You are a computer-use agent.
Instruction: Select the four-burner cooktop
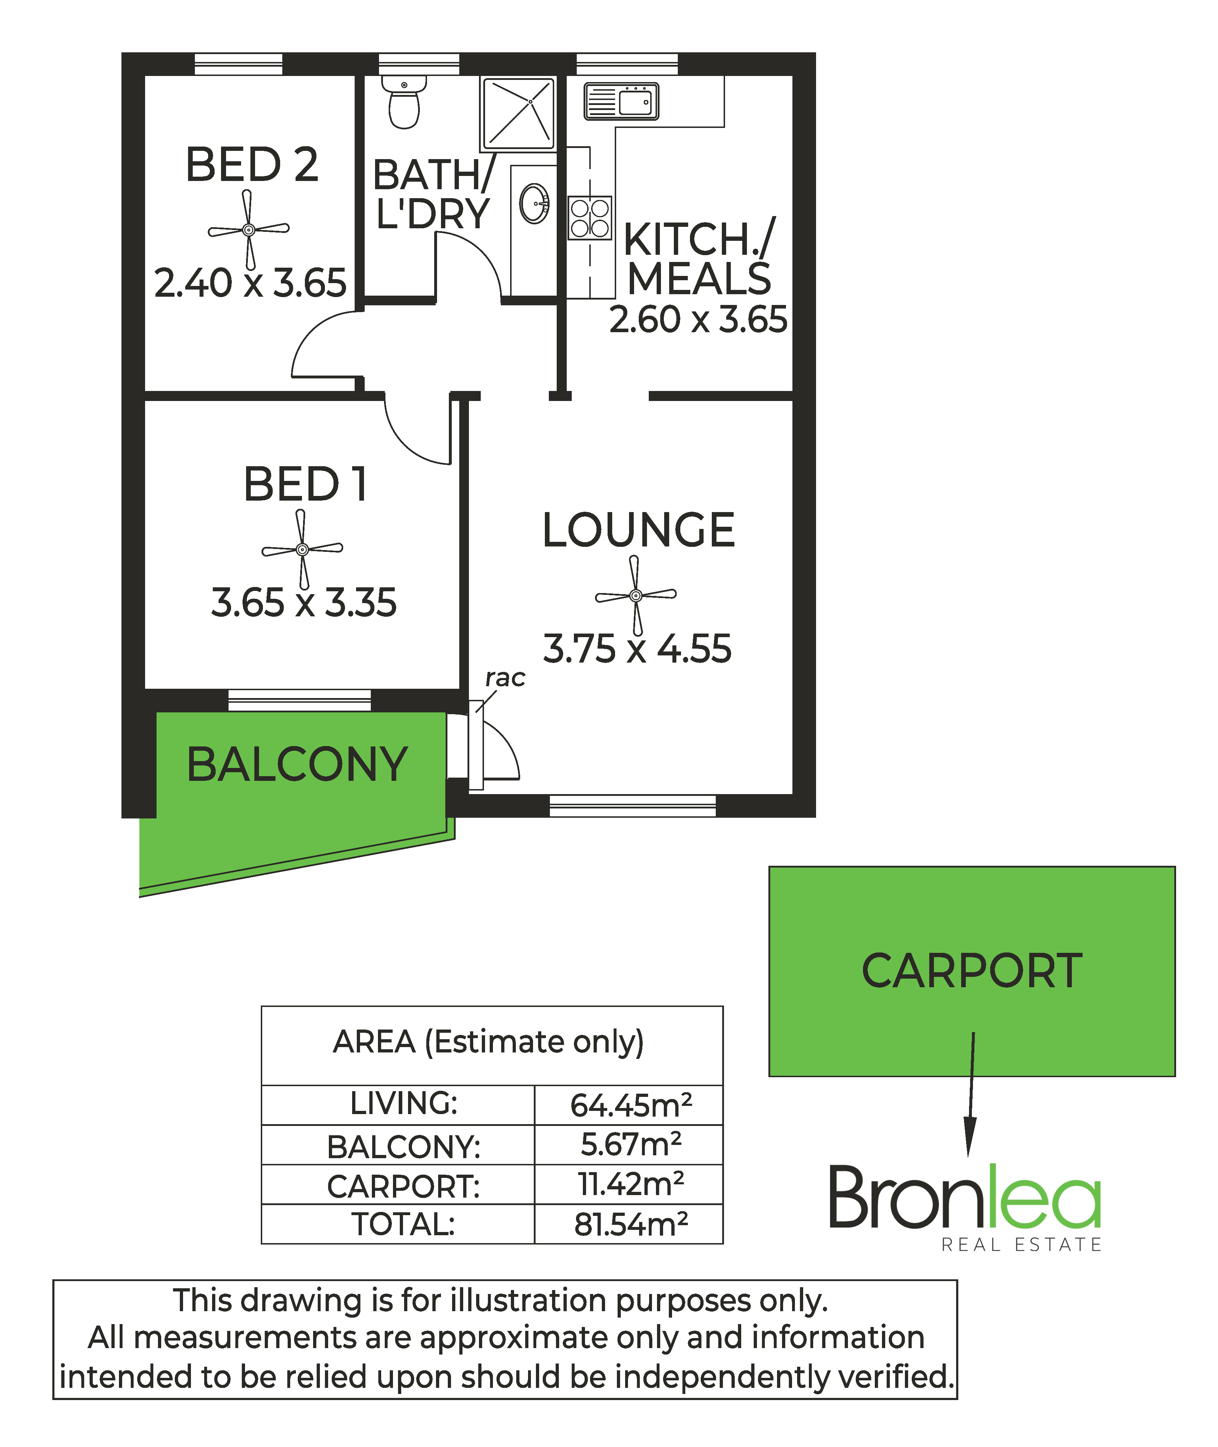590,218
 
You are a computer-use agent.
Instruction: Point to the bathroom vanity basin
534,204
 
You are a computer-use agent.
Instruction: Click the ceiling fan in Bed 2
249,229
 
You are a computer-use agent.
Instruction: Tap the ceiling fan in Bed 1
302,549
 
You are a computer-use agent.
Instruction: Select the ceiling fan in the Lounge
636,595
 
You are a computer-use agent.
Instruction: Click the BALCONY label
298,765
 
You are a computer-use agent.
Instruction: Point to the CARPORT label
972,971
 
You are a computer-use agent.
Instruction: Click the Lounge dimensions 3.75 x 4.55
637,649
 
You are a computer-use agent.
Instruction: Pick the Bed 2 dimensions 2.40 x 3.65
250,283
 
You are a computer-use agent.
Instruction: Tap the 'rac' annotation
505,678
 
